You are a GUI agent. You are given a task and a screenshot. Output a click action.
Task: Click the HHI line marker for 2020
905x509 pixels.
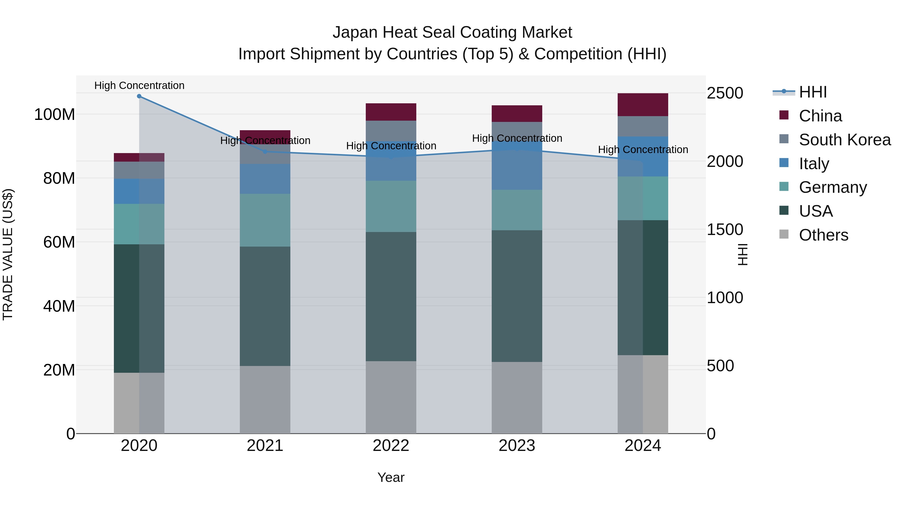pos(139,96)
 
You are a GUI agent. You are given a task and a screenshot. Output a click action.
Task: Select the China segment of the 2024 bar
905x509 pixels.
pos(643,105)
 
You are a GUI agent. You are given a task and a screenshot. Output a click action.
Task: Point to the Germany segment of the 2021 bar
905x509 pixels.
pos(265,220)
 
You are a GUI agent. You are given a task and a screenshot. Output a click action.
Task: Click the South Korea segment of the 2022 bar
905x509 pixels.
pos(391,131)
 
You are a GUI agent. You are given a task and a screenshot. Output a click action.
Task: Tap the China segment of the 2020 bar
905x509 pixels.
pos(139,157)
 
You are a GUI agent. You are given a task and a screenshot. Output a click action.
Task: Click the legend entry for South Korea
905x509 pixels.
pos(845,140)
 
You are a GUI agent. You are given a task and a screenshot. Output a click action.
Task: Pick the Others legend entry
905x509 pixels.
pos(823,235)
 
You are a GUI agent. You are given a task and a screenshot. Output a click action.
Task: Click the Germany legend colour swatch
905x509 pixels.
pos(784,187)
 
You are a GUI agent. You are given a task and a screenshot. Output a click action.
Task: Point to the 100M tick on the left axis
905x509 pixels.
pos(55,115)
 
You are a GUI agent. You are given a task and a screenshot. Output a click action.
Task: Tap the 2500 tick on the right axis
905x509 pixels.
pos(725,94)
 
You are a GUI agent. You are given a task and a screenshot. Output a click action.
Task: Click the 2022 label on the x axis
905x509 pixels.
pos(391,446)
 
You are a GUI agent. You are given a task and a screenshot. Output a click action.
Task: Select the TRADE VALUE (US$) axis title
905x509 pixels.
pos(8,254)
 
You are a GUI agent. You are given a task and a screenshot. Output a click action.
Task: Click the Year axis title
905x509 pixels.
pos(391,477)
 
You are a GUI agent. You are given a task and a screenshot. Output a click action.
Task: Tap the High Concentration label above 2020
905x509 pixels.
pos(139,85)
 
